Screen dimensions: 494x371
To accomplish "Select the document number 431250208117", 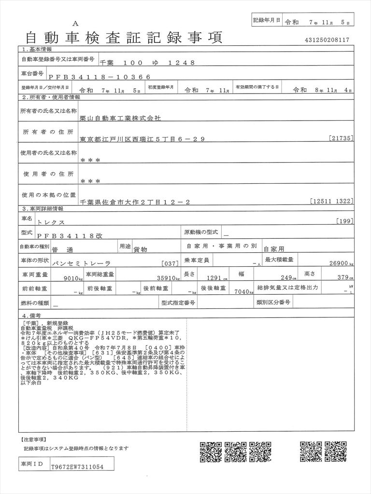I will coord(327,41).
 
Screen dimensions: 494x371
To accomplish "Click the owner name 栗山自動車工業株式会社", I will coord(120,118).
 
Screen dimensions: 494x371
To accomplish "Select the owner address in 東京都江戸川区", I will coord(143,139).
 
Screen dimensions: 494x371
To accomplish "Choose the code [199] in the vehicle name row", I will coord(345,221).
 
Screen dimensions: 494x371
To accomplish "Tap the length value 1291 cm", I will coord(214,278).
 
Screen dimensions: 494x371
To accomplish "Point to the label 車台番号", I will coord(32,74).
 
